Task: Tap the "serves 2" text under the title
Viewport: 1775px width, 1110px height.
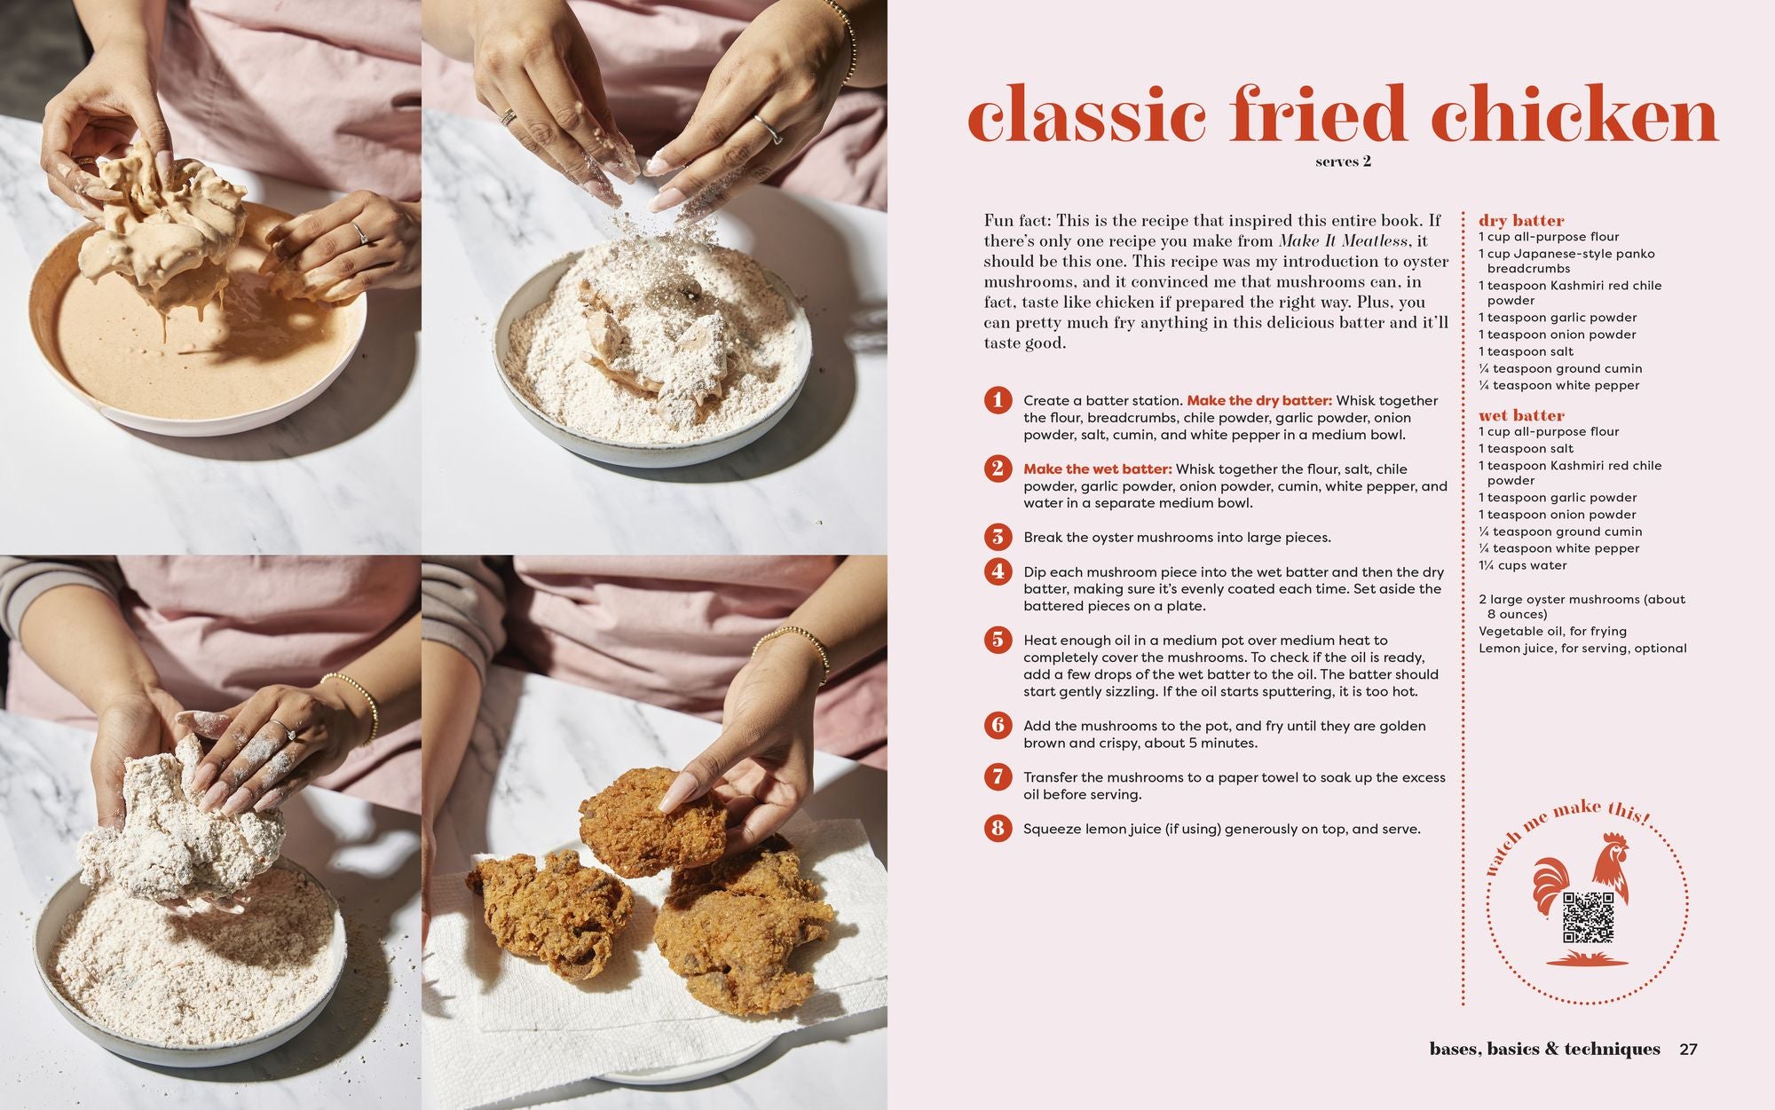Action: tap(1343, 161)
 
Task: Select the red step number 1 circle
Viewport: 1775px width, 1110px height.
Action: tap(998, 400)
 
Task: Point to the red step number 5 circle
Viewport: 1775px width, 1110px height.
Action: tap(998, 640)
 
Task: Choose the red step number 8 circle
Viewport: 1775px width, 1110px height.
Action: tap(998, 829)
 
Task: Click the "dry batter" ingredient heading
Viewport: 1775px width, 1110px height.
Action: tap(1521, 220)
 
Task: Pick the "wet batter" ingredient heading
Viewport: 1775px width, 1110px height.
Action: tap(1521, 415)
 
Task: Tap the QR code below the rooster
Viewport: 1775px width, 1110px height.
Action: tap(1589, 917)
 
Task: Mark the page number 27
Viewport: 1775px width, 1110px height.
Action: tap(1688, 1050)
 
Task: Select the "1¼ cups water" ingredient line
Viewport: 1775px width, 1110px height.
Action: tap(1522, 565)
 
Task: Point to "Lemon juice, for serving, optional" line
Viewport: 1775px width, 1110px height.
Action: tap(1582, 649)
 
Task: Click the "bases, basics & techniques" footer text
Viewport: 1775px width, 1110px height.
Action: tap(1544, 1050)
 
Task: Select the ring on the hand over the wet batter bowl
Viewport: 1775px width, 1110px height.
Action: tap(360, 232)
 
